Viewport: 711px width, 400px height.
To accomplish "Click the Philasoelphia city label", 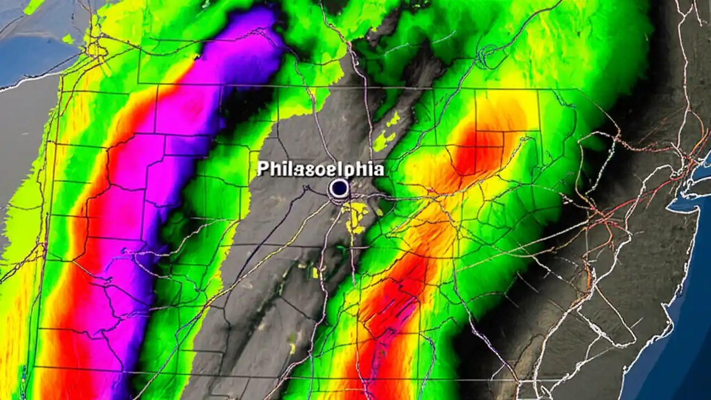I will (x=321, y=169).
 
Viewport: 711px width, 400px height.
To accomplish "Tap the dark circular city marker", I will (x=338, y=189).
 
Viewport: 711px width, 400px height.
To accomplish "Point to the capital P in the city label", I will (x=263, y=169).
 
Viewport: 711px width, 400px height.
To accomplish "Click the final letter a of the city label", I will (x=378, y=169).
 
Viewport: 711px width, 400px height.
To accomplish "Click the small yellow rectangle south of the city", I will (x=315, y=272).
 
